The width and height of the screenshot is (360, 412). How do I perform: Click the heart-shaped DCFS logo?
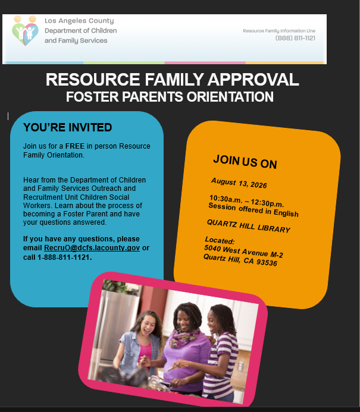click(x=25, y=30)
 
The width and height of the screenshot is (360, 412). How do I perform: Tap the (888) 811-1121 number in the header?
click(x=295, y=38)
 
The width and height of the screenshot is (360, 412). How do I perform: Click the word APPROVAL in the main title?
click(x=253, y=79)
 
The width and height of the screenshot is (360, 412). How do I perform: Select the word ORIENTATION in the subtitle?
click(x=230, y=97)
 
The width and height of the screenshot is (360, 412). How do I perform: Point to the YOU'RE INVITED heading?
click(x=68, y=127)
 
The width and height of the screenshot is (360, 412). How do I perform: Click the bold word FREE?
click(x=75, y=146)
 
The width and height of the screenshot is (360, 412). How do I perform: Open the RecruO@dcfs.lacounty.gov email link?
click(x=92, y=248)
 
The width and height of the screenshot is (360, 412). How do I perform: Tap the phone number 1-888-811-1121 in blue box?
click(x=64, y=257)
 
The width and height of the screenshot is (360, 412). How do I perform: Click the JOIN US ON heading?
click(x=245, y=162)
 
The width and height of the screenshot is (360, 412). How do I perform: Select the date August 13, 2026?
click(x=239, y=183)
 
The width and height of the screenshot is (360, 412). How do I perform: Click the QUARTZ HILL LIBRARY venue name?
click(x=249, y=226)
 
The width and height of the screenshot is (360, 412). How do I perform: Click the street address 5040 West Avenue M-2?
click(x=243, y=251)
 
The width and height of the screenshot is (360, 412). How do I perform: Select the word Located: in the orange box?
click(x=220, y=240)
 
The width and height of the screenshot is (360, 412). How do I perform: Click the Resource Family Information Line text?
click(x=279, y=31)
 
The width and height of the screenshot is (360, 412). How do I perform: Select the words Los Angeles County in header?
click(x=79, y=20)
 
